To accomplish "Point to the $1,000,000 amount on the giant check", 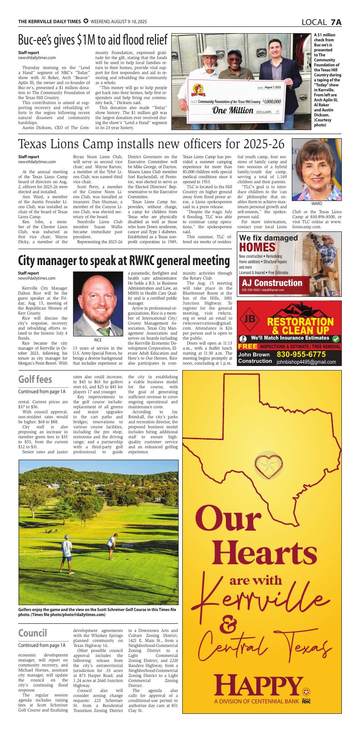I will pos(272,101).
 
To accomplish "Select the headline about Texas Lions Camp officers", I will pos(151,144).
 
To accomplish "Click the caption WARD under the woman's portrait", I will pos(316,204).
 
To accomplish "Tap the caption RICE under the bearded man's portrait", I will pos(98,340).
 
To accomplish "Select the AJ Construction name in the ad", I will pos(272,283).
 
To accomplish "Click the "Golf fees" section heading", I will pos(35,379).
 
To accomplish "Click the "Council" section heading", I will pos(33,633).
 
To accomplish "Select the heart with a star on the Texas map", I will pos(267,465).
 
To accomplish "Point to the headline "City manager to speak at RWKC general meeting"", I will pos(124,261).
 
